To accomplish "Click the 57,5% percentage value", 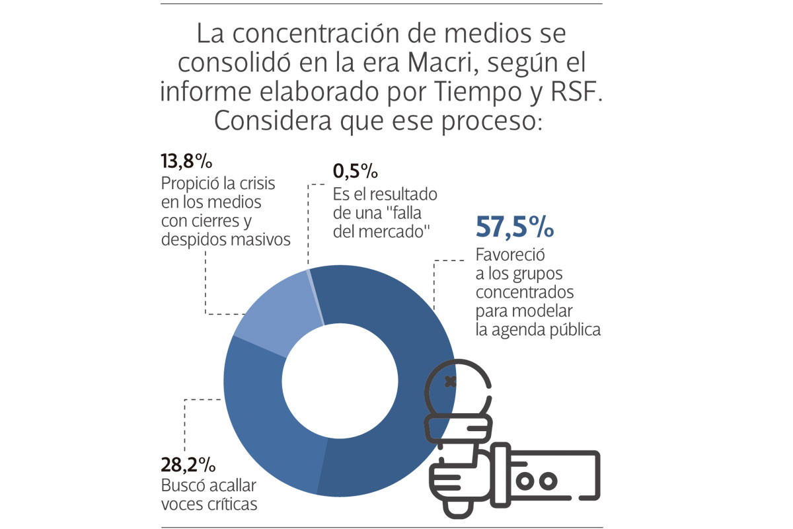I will (x=515, y=227).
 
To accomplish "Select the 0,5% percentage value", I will (x=355, y=173).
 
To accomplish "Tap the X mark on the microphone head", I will (x=451, y=382).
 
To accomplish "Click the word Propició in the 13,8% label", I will (x=190, y=183).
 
